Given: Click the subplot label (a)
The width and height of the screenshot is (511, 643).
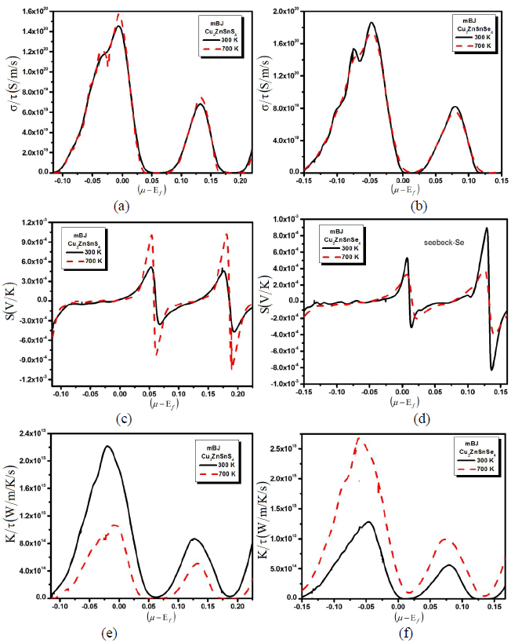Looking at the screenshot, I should [x=122, y=206].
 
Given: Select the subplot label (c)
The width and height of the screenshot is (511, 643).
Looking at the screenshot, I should [x=122, y=418].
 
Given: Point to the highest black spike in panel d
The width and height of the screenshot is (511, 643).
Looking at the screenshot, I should [x=487, y=228].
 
